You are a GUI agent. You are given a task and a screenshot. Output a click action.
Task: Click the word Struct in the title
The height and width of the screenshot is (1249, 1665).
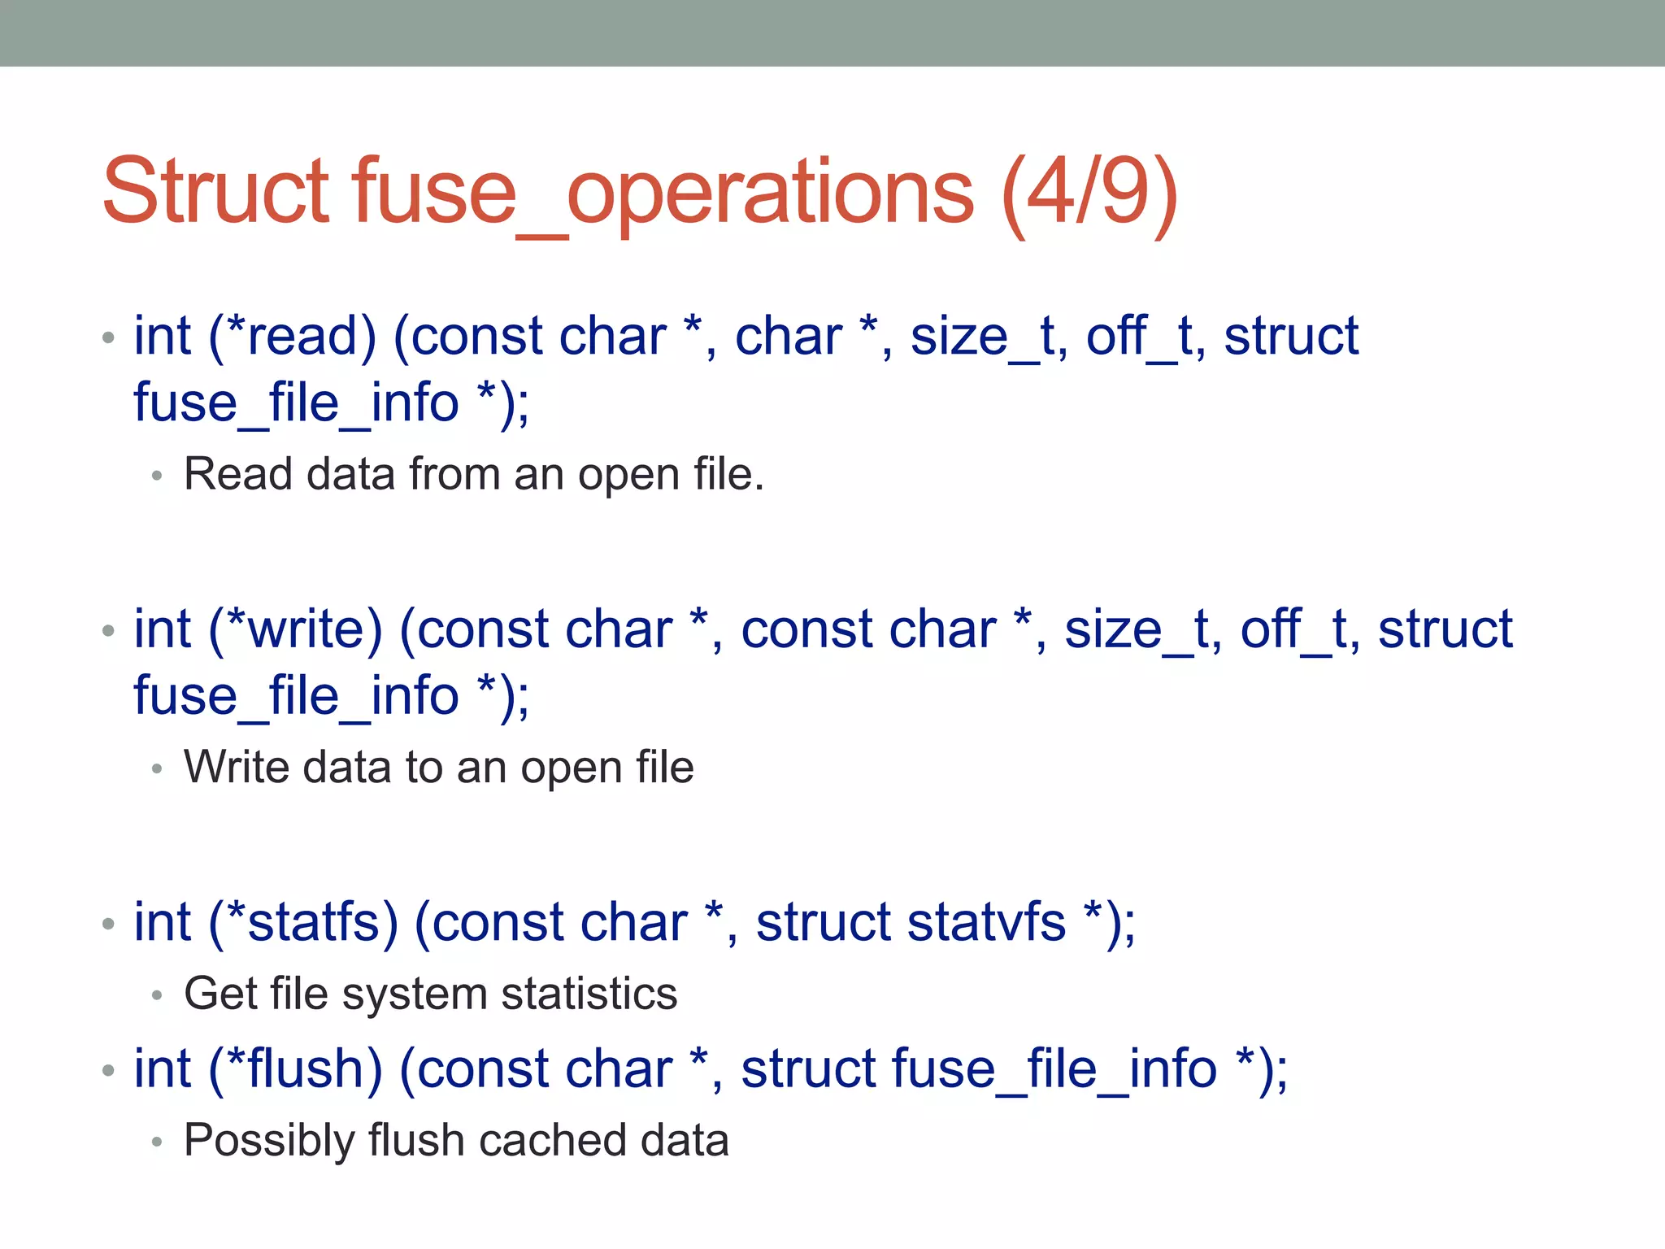216,192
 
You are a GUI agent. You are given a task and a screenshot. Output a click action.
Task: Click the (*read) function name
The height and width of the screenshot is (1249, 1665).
293,336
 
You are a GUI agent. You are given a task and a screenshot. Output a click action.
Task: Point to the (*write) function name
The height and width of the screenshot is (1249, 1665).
295,629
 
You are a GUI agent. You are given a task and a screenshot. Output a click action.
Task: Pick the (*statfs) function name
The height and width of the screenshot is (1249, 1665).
303,922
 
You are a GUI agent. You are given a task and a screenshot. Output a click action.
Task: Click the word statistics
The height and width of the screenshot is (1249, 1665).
589,994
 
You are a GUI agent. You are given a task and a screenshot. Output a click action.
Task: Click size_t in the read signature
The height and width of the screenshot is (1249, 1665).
989,336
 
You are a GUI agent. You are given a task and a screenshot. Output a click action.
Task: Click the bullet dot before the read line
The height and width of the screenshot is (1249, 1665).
109,337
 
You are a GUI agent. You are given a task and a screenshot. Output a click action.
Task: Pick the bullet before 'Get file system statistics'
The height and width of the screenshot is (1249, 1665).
158,995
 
